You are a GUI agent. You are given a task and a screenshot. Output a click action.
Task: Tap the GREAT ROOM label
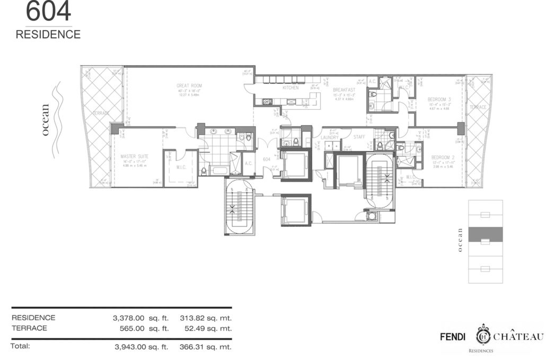coord(189,85)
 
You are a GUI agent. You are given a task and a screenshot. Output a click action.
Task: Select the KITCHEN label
coord(290,87)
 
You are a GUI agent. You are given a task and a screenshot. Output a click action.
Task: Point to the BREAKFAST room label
coord(344,90)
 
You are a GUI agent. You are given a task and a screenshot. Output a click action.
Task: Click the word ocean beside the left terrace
coord(46,120)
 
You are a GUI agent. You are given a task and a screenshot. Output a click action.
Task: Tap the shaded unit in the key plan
coord(486,234)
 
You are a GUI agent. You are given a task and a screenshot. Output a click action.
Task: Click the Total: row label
coord(20,346)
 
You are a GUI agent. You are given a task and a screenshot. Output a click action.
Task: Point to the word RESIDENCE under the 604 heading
coord(48,34)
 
